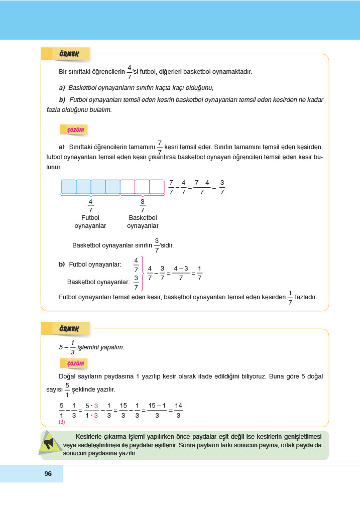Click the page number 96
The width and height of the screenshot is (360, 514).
(48, 473)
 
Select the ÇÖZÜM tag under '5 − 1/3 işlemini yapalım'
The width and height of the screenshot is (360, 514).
(74, 363)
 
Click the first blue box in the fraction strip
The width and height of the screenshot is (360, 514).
(68, 187)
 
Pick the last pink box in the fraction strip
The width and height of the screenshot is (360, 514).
(157, 187)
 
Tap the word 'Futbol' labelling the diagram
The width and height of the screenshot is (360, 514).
(90, 218)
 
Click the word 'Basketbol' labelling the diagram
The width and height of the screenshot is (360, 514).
(143, 218)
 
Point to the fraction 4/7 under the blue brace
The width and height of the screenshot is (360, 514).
(90, 206)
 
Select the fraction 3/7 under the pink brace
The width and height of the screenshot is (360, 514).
(143, 206)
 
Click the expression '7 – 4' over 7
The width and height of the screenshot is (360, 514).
(201, 187)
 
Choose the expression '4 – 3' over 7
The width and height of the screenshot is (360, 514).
(180, 273)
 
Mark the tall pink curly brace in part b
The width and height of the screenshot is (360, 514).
(143, 273)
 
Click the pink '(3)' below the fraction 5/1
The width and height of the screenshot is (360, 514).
(62, 422)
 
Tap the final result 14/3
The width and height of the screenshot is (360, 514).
(178, 410)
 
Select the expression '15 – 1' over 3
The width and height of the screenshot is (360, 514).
(157, 410)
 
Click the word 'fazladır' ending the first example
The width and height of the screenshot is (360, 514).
(306, 297)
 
